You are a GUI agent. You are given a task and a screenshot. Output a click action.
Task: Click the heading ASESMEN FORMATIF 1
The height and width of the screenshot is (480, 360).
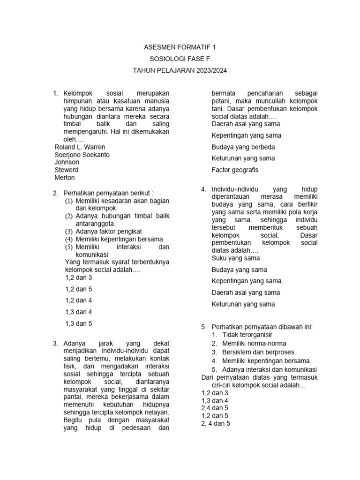180,47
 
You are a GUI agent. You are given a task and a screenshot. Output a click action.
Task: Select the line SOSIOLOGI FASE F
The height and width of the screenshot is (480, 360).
180,59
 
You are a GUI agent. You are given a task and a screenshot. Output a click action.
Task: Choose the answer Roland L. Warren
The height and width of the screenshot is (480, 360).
80,147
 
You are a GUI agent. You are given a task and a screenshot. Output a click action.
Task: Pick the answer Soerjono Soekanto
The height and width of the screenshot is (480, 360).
82,155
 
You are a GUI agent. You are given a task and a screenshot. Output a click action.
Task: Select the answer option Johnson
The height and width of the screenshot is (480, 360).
67,162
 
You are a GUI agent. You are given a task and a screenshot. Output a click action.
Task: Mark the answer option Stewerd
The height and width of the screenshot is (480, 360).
67,170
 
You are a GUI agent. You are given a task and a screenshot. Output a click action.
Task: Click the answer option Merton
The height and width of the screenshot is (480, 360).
65,178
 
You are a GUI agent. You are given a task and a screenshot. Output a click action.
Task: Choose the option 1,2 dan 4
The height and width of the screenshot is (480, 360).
79,300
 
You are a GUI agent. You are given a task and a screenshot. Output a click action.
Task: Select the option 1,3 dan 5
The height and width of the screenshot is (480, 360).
79,323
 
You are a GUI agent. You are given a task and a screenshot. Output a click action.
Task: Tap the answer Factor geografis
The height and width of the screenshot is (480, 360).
235,170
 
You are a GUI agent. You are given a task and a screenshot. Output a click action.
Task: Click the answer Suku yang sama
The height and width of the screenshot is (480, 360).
236,258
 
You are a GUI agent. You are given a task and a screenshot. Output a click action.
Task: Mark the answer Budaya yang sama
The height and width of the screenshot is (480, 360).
239,270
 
